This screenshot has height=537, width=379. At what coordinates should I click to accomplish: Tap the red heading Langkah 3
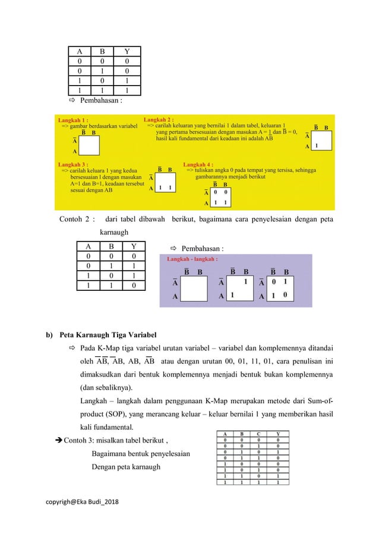click(73, 164)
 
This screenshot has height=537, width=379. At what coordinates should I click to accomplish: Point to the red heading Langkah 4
click(199, 164)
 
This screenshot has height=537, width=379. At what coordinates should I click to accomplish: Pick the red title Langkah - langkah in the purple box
click(192, 259)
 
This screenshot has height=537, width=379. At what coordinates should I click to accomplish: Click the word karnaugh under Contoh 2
click(112, 233)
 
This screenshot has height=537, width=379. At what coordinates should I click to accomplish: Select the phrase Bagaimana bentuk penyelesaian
click(141, 454)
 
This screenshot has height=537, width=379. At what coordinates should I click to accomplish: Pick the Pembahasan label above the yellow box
click(101, 101)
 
